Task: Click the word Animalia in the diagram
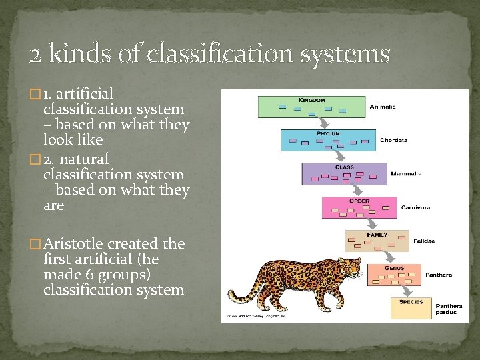383,106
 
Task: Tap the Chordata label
393,141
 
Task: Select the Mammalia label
405,173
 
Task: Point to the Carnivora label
415,207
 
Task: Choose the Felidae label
424,240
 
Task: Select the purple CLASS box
344,173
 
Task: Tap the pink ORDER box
359,207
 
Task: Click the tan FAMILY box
376,241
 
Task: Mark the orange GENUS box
394,274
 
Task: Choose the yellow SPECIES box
410,307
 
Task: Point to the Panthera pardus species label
449,309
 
